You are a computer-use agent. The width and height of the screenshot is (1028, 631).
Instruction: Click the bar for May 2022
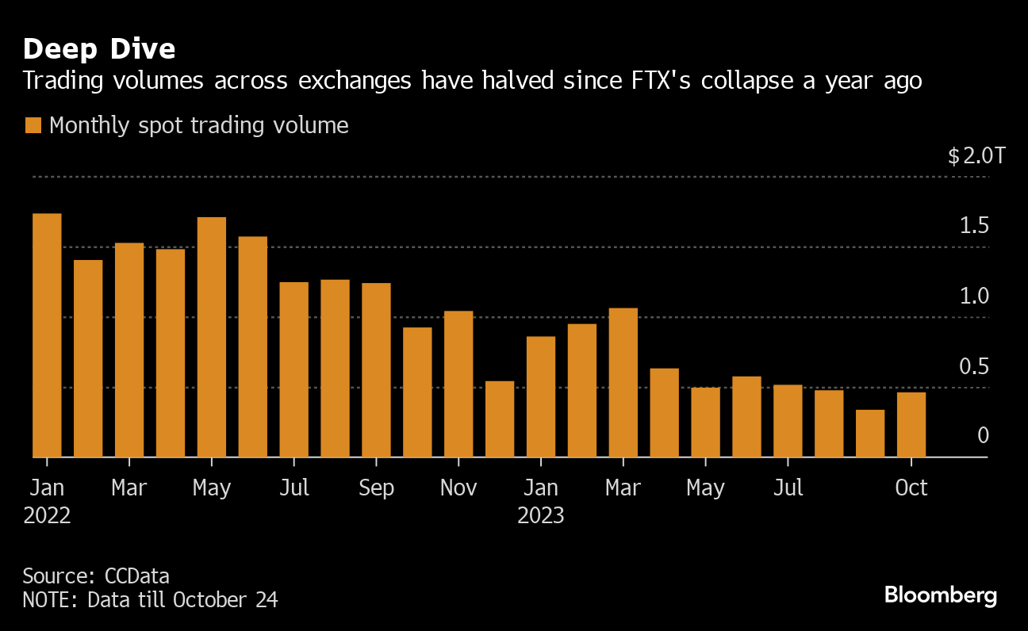212,337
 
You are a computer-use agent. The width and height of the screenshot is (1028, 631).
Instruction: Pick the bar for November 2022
458,384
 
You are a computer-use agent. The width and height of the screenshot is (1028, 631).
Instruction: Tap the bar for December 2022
500,419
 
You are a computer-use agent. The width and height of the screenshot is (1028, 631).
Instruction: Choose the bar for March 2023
623,382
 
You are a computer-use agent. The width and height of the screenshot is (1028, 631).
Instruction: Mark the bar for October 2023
911,425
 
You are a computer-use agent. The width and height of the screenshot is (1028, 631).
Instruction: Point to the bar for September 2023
870,434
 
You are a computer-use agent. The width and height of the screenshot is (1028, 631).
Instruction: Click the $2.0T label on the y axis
976,155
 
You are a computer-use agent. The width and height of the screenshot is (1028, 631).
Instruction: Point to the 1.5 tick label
974,226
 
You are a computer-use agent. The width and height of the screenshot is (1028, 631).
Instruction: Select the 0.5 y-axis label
974,367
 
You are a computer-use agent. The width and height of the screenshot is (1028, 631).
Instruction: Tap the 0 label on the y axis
983,435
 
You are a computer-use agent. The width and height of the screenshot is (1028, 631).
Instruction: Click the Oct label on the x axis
911,488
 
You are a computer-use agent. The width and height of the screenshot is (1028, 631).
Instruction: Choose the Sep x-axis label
376,488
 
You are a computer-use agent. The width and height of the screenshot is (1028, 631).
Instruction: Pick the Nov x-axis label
458,488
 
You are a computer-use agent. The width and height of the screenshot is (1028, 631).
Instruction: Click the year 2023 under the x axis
541,516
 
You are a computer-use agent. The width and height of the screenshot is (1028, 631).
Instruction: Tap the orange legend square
33,125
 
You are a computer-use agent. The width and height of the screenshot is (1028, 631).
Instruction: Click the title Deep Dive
99,49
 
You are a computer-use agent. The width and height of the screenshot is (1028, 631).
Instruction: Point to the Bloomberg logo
940,595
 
